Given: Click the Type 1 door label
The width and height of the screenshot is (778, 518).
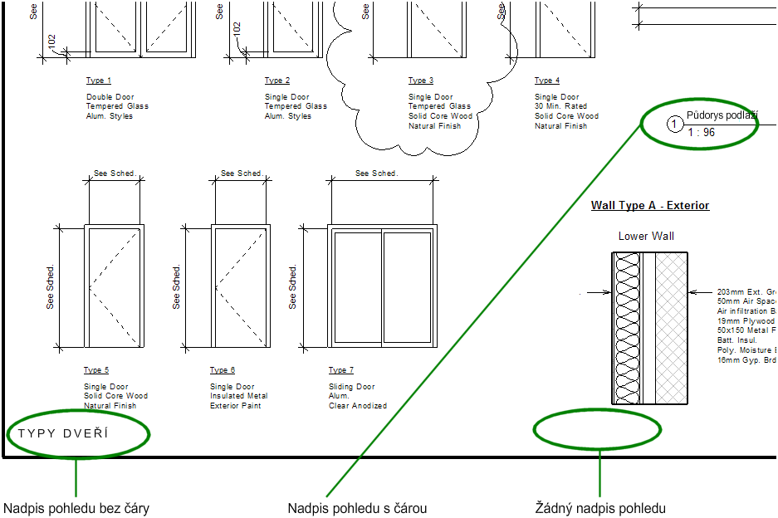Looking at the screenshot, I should (x=99, y=81).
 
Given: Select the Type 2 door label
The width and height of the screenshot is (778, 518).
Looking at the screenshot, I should (x=277, y=81).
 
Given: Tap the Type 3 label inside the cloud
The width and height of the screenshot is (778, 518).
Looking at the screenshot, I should (x=421, y=81).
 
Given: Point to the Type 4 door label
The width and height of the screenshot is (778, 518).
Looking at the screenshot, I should (x=547, y=81).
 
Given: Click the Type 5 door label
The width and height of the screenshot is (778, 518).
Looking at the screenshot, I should (x=96, y=370).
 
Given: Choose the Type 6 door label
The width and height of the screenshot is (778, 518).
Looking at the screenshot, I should (x=223, y=370).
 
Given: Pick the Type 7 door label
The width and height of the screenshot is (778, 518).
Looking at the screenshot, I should (x=341, y=370).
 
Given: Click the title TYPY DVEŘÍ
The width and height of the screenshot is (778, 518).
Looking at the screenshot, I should (x=63, y=433).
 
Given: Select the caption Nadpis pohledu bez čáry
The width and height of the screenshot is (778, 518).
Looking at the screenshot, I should (x=76, y=508).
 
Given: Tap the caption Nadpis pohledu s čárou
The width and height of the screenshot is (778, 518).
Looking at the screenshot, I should (x=357, y=508).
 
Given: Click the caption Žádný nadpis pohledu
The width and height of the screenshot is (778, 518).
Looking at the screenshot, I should (x=600, y=508).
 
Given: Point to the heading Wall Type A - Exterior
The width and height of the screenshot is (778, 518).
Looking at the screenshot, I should (x=650, y=205).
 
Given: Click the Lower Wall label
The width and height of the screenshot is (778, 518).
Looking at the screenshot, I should (x=646, y=237).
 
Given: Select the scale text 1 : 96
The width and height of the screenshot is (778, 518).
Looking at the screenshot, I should (x=702, y=132).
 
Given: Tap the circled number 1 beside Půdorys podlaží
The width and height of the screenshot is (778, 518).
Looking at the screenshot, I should (x=675, y=125).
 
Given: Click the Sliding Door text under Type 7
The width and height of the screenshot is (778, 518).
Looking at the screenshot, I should (x=352, y=387).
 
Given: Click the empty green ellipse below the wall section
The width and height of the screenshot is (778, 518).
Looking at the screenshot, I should (x=598, y=430).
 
